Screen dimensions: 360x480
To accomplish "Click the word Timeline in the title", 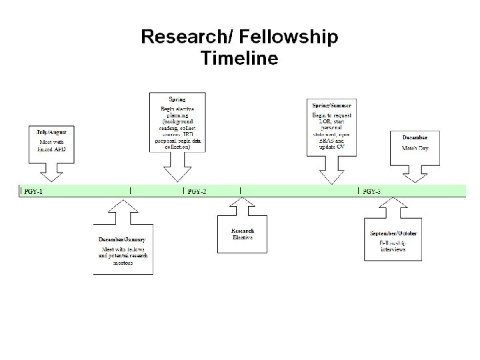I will (239, 58).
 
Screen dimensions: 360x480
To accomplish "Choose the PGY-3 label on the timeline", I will (371, 192).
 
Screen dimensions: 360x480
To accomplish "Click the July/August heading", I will (51, 132).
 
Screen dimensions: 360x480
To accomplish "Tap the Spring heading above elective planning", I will (177, 100).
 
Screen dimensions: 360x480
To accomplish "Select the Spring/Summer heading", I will (331, 106).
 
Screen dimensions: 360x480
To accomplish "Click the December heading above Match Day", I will (414, 137).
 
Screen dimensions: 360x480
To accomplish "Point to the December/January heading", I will (122, 239).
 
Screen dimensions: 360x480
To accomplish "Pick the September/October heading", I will (393, 233).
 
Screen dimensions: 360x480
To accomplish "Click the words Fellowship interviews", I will (393, 246).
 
